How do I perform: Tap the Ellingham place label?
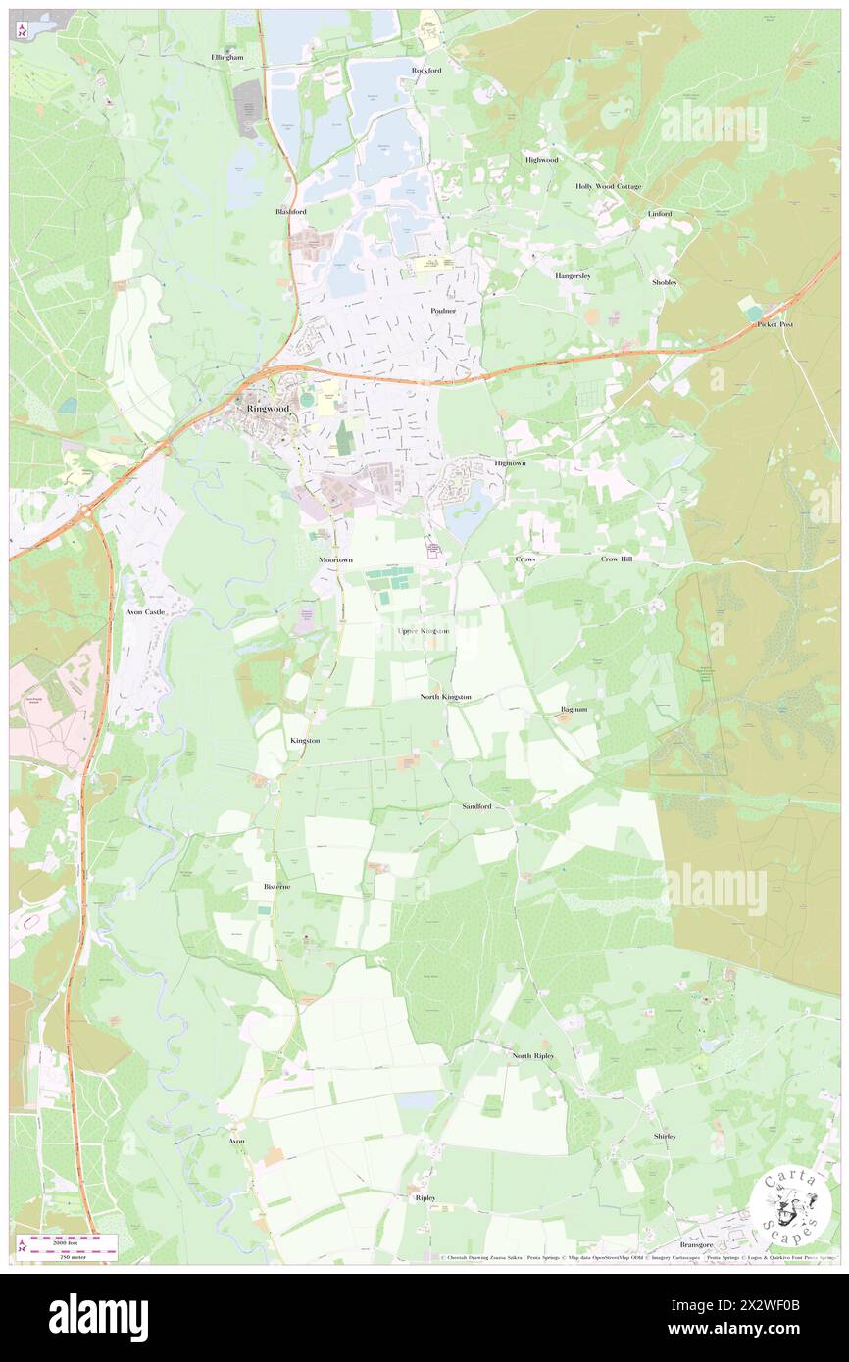(226, 58)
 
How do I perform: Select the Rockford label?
(426, 71)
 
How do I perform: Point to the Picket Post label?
(774, 324)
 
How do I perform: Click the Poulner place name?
(443, 310)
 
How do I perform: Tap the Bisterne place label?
(276, 886)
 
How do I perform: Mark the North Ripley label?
(533, 1055)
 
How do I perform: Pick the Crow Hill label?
(617, 559)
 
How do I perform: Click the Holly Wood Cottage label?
(608, 186)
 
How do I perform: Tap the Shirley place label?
(665, 1136)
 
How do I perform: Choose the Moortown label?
(335, 559)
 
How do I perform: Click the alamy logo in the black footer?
(98, 1318)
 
